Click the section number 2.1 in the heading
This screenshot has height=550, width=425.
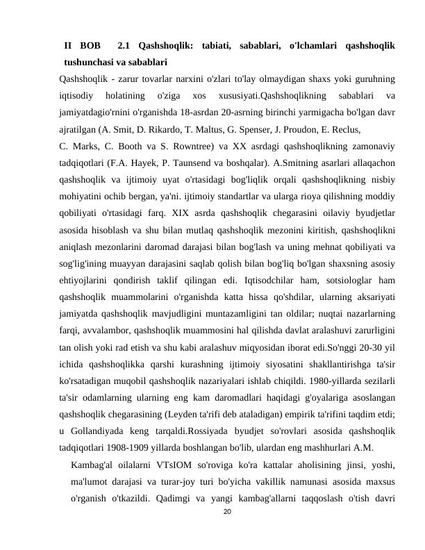[125, 47]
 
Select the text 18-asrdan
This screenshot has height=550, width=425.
[199, 112]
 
